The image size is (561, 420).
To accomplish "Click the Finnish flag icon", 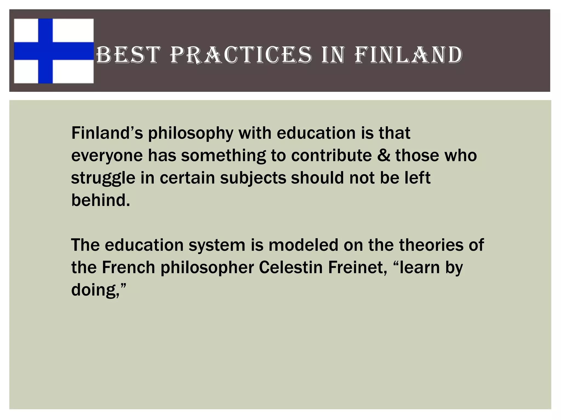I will tap(54, 51).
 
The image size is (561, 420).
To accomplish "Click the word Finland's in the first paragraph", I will tap(107, 133).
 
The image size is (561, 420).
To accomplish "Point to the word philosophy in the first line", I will tap(191, 133).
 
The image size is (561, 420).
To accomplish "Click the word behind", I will tap(100, 200).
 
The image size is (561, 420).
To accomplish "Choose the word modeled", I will tap(304, 245).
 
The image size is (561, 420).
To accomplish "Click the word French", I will tap(128, 267).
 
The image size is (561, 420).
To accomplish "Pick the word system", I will tap(217, 245).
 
